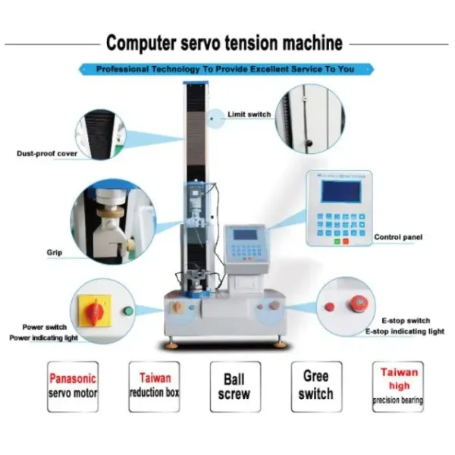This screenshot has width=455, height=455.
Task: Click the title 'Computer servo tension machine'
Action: tap(224, 42)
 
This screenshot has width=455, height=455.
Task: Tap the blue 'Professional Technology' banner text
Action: tap(225, 69)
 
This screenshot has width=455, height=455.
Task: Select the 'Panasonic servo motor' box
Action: tap(73, 387)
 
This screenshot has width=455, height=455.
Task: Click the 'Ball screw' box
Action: tap(234, 387)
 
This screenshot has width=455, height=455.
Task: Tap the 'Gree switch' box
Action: tap(315, 387)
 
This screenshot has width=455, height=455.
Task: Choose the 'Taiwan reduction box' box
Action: tap(154, 387)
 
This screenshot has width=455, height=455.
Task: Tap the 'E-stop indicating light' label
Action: tap(405, 331)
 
